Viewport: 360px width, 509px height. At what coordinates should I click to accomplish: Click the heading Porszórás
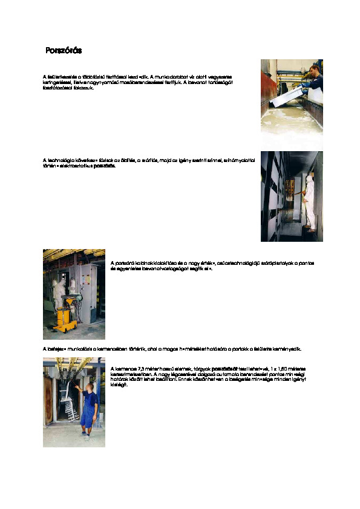coord(64,50)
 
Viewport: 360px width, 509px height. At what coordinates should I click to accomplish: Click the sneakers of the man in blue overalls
coord(87,433)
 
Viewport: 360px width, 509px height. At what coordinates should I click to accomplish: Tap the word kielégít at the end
coord(120,384)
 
